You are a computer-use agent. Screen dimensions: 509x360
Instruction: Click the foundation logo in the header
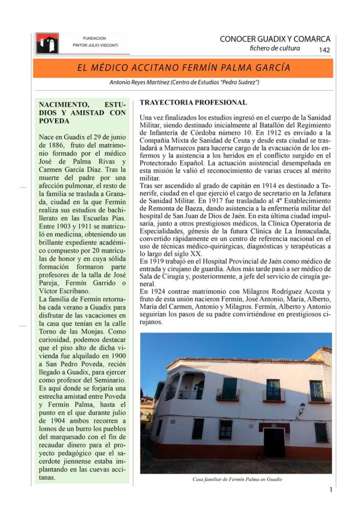point(47,43)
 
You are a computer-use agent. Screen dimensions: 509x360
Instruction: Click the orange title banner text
point(183,68)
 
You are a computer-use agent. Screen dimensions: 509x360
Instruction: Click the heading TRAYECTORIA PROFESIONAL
point(193,103)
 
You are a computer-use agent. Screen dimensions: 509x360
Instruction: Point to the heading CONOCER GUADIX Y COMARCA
point(274,39)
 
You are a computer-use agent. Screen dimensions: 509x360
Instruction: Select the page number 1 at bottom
point(331,490)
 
